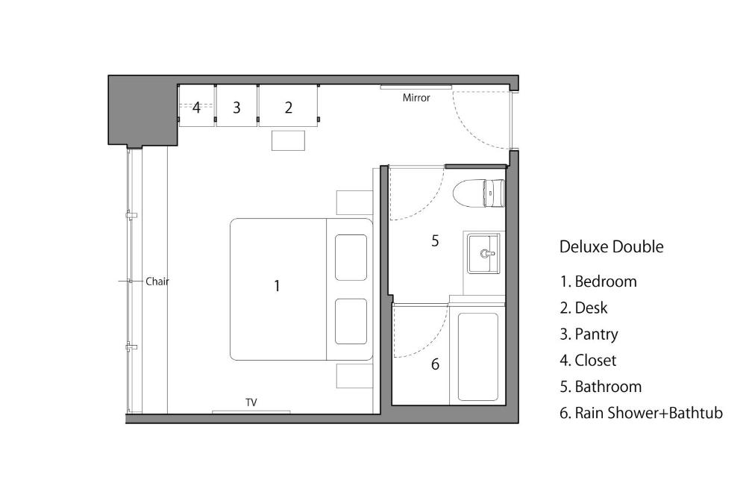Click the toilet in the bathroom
point(478,193)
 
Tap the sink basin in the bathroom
point(483,253)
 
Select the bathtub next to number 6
point(477,357)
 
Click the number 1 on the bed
point(277,286)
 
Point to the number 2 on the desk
point(288,108)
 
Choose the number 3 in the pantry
point(236,108)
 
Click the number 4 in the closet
point(196,108)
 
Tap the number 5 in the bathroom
point(435,241)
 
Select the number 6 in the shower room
point(435,364)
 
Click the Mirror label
point(416,98)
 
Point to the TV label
point(251,402)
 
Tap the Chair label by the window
point(157,281)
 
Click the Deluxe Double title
point(612,246)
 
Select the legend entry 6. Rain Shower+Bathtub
point(642,413)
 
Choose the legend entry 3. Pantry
point(589,334)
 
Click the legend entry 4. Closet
point(588,361)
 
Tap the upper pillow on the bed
point(351,258)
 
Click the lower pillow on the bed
point(351,321)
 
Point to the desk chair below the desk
point(288,140)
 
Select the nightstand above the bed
point(354,203)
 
